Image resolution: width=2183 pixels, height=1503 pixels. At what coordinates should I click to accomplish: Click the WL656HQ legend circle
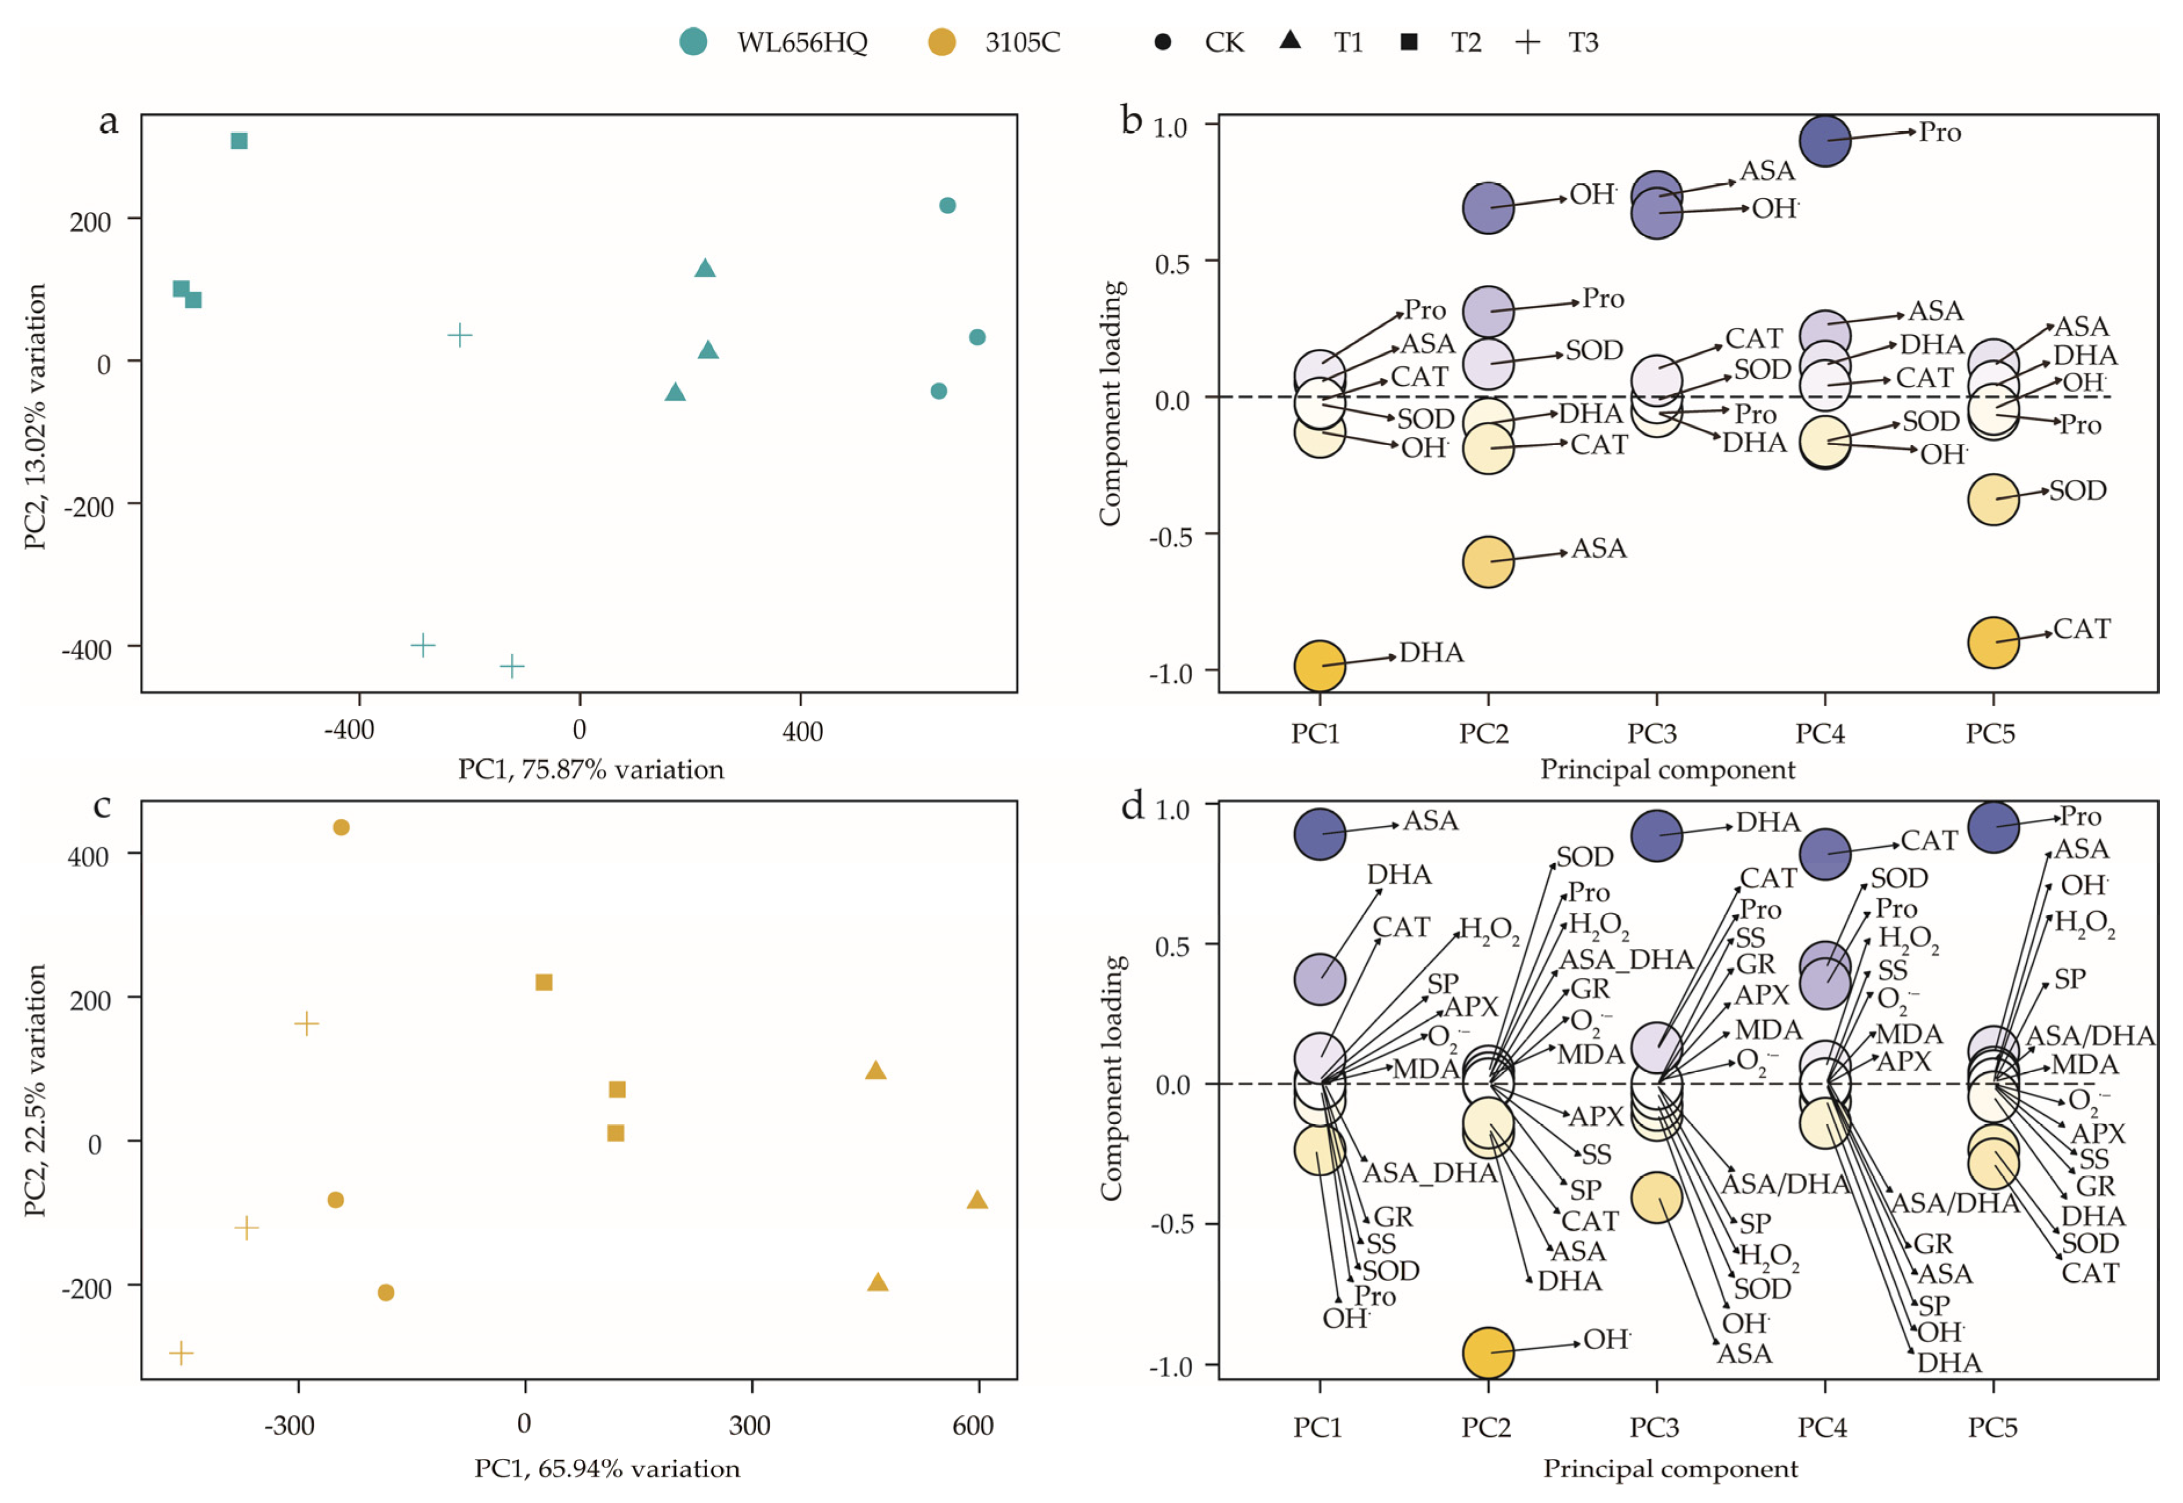(694, 42)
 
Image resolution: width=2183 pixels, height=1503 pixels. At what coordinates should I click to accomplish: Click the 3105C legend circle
(942, 42)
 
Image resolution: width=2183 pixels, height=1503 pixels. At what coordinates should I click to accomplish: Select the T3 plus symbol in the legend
(1528, 42)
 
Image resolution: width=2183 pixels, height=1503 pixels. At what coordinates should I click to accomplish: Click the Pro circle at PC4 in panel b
(1824, 141)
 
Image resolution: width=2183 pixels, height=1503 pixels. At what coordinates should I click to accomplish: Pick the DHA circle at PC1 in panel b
(1320, 666)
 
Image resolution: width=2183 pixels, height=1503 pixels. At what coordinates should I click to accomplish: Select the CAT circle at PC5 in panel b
(1993, 643)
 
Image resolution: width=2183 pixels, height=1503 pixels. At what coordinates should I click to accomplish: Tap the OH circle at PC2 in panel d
(1487, 1352)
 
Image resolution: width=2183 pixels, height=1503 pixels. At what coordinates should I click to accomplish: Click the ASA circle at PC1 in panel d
(1320, 833)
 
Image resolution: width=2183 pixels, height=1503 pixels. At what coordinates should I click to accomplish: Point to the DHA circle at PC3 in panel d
(1656, 835)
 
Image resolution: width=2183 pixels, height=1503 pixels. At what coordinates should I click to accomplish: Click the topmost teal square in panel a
(239, 141)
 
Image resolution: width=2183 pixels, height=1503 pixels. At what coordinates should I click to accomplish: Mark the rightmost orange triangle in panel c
(977, 1199)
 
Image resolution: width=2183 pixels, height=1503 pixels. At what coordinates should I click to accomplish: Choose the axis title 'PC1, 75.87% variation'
(591, 770)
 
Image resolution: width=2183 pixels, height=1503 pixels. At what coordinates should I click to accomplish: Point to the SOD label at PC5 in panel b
(2077, 490)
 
